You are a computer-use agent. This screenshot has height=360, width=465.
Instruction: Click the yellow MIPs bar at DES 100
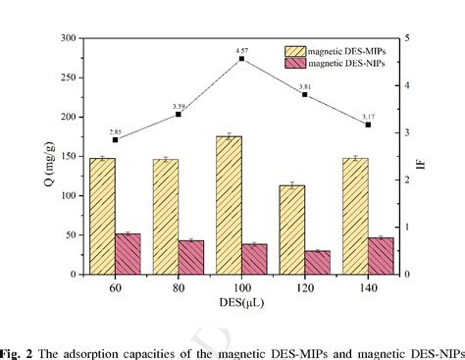229,205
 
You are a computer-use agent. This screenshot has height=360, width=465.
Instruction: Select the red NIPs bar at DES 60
128,254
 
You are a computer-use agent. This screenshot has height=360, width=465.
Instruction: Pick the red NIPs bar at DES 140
381,256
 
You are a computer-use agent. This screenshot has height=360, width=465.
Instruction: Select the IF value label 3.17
368,114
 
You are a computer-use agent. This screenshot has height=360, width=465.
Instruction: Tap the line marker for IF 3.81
305,94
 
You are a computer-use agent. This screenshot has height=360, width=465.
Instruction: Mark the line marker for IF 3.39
179,114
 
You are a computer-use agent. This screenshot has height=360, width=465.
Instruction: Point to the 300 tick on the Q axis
70,37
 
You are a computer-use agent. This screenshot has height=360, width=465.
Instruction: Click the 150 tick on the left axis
70,156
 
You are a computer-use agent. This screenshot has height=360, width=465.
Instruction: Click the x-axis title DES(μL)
240,303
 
